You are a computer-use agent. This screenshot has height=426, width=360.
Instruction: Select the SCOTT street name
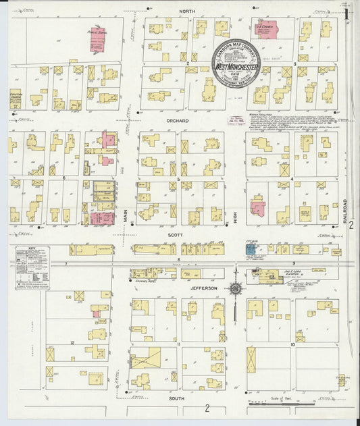(x=179, y=235)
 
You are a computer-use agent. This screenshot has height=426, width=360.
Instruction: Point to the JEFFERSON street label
(x=203, y=288)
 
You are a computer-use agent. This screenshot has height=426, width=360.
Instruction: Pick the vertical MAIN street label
(x=126, y=216)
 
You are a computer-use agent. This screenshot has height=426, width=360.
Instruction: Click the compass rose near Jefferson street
(x=235, y=288)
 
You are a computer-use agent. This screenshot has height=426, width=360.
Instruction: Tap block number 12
(x=71, y=343)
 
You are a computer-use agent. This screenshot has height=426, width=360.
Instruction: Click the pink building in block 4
(x=257, y=207)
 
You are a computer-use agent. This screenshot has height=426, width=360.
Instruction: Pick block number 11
(x=178, y=344)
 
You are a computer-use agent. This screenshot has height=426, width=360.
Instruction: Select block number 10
(x=292, y=344)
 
